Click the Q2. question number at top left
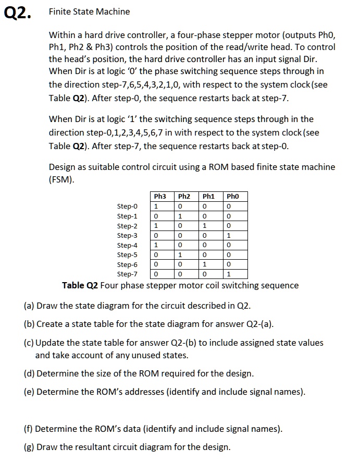[17, 13]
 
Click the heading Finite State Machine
[89, 11]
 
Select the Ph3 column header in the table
[160, 197]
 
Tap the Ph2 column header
[184, 197]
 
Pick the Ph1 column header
[209, 197]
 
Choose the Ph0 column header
[233, 197]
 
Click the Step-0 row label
[128, 206]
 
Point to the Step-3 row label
[128, 235]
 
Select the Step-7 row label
[128, 274]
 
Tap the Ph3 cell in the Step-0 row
[155, 206]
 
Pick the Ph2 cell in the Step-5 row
[180, 254]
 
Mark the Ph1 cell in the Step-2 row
[204, 225]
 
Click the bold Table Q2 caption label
[80, 285]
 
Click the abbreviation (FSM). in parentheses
[61, 180]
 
